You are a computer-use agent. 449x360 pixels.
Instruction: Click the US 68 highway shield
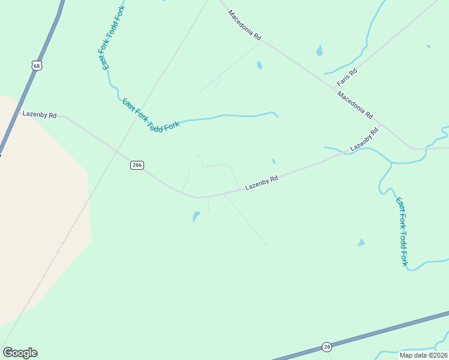click(x=37, y=65)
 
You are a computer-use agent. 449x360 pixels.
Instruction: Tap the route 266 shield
click(x=137, y=165)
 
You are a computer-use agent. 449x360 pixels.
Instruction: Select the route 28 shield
click(x=327, y=347)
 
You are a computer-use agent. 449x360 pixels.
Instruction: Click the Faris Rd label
click(x=347, y=76)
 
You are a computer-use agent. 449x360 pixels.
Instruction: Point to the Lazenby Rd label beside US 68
click(x=39, y=114)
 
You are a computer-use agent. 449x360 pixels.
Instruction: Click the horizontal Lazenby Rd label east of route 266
click(x=262, y=183)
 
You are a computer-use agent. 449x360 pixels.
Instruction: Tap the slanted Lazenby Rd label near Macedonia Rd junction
click(x=364, y=139)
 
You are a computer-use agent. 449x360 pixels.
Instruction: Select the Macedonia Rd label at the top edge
click(x=245, y=25)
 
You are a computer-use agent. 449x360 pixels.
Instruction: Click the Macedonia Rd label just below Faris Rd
click(x=355, y=104)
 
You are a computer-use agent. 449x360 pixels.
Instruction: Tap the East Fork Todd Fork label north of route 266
click(x=151, y=114)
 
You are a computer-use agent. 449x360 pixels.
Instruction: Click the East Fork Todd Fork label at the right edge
click(x=402, y=232)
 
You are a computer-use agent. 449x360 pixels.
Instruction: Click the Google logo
click(x=20, y=353)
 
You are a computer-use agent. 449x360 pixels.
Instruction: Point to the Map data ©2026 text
click(x=424, y=355)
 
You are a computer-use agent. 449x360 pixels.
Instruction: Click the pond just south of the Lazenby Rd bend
click(x=196, y=215)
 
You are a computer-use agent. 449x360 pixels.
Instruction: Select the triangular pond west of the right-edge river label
click(x=361, y=242)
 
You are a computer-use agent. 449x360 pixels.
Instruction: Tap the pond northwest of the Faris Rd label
click(x=319, y=50)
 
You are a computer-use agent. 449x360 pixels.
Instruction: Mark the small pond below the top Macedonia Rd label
click(x=259, y=65)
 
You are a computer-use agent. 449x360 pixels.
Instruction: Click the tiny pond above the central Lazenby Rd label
click(x=274, y=161)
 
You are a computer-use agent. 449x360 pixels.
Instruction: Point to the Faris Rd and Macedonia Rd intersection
click(x=335, y=89)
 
